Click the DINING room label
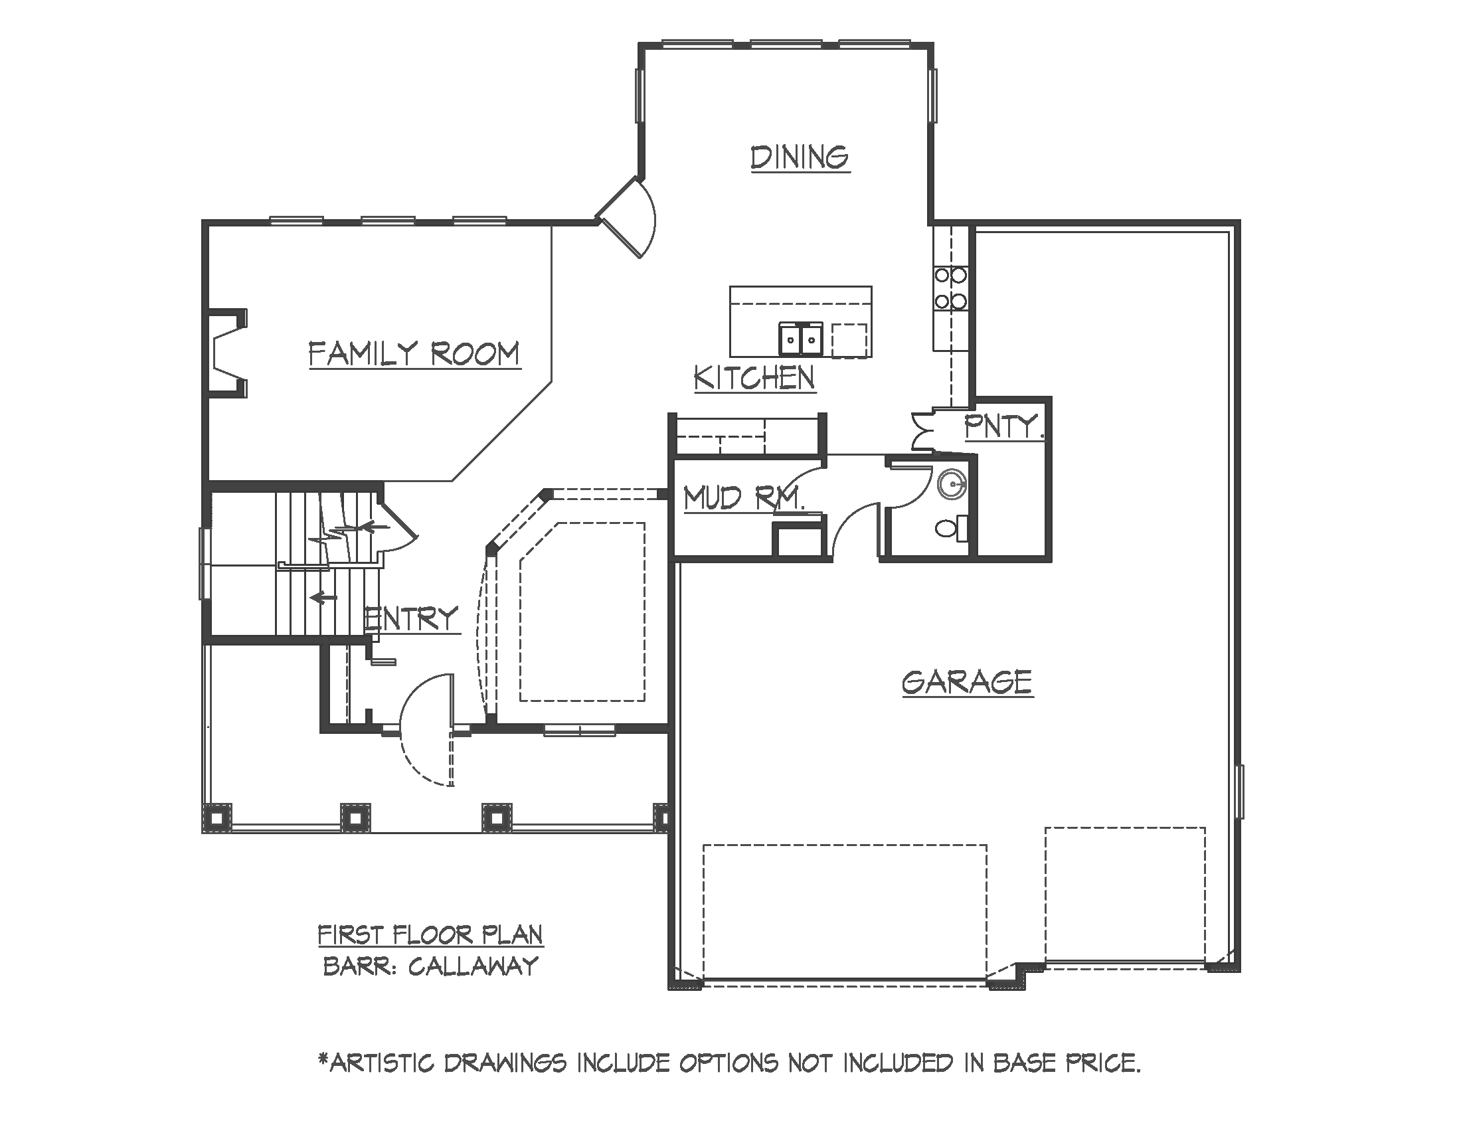coord(800,158)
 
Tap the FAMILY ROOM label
coord(414,354)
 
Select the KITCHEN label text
coord(754,378)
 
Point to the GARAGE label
coord(967,683)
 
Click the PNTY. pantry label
coord(1003,426)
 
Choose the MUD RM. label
coord(742,498)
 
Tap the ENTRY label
coord(412,619)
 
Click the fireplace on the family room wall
coord(226,354)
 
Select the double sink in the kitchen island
coord(801,339)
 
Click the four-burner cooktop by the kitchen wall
coord(950,288)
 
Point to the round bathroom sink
coord(951,485)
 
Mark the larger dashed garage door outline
coord(845,913)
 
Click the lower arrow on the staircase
coord(325,596)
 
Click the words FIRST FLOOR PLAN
coord(430,934)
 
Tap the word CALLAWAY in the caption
coord(473,966)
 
